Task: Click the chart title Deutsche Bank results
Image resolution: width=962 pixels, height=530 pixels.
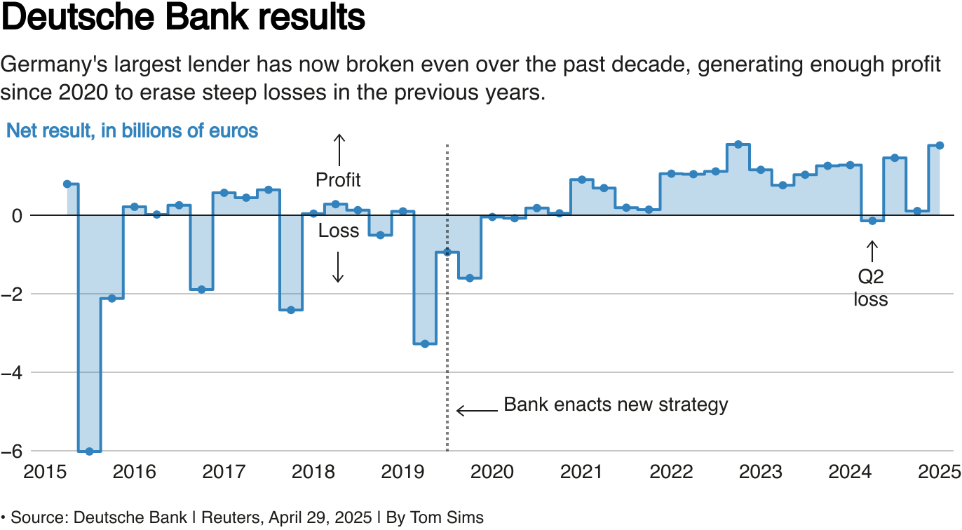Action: [184, 18]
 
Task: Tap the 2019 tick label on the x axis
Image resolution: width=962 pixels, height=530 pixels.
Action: [402, 471]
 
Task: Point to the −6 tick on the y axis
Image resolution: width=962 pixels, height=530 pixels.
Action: [12, 451]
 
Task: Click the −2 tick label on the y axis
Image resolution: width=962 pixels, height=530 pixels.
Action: [12, 294]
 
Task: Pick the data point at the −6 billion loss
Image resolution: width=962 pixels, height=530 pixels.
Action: [90, 451]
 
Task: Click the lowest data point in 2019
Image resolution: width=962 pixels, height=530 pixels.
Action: [425, 344]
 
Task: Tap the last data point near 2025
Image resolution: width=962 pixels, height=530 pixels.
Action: [940, 145]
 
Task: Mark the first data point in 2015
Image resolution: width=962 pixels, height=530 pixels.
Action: [67, 184]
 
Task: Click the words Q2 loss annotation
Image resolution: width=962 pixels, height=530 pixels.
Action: [871, 288]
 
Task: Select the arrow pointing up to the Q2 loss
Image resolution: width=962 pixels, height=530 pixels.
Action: [872, 252]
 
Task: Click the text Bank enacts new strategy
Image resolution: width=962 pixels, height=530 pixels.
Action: [616, 405]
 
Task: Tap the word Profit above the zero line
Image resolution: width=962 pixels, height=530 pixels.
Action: [338, 180]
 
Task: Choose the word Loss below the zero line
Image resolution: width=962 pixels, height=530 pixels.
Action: [338, 231]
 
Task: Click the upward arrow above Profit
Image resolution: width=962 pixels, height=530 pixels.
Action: [338, 149]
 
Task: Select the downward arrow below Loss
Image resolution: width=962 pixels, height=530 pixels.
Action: [338, 267]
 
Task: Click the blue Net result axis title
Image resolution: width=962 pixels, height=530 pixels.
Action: [132, 130]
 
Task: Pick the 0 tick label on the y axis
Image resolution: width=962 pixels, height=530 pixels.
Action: [15, 215]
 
